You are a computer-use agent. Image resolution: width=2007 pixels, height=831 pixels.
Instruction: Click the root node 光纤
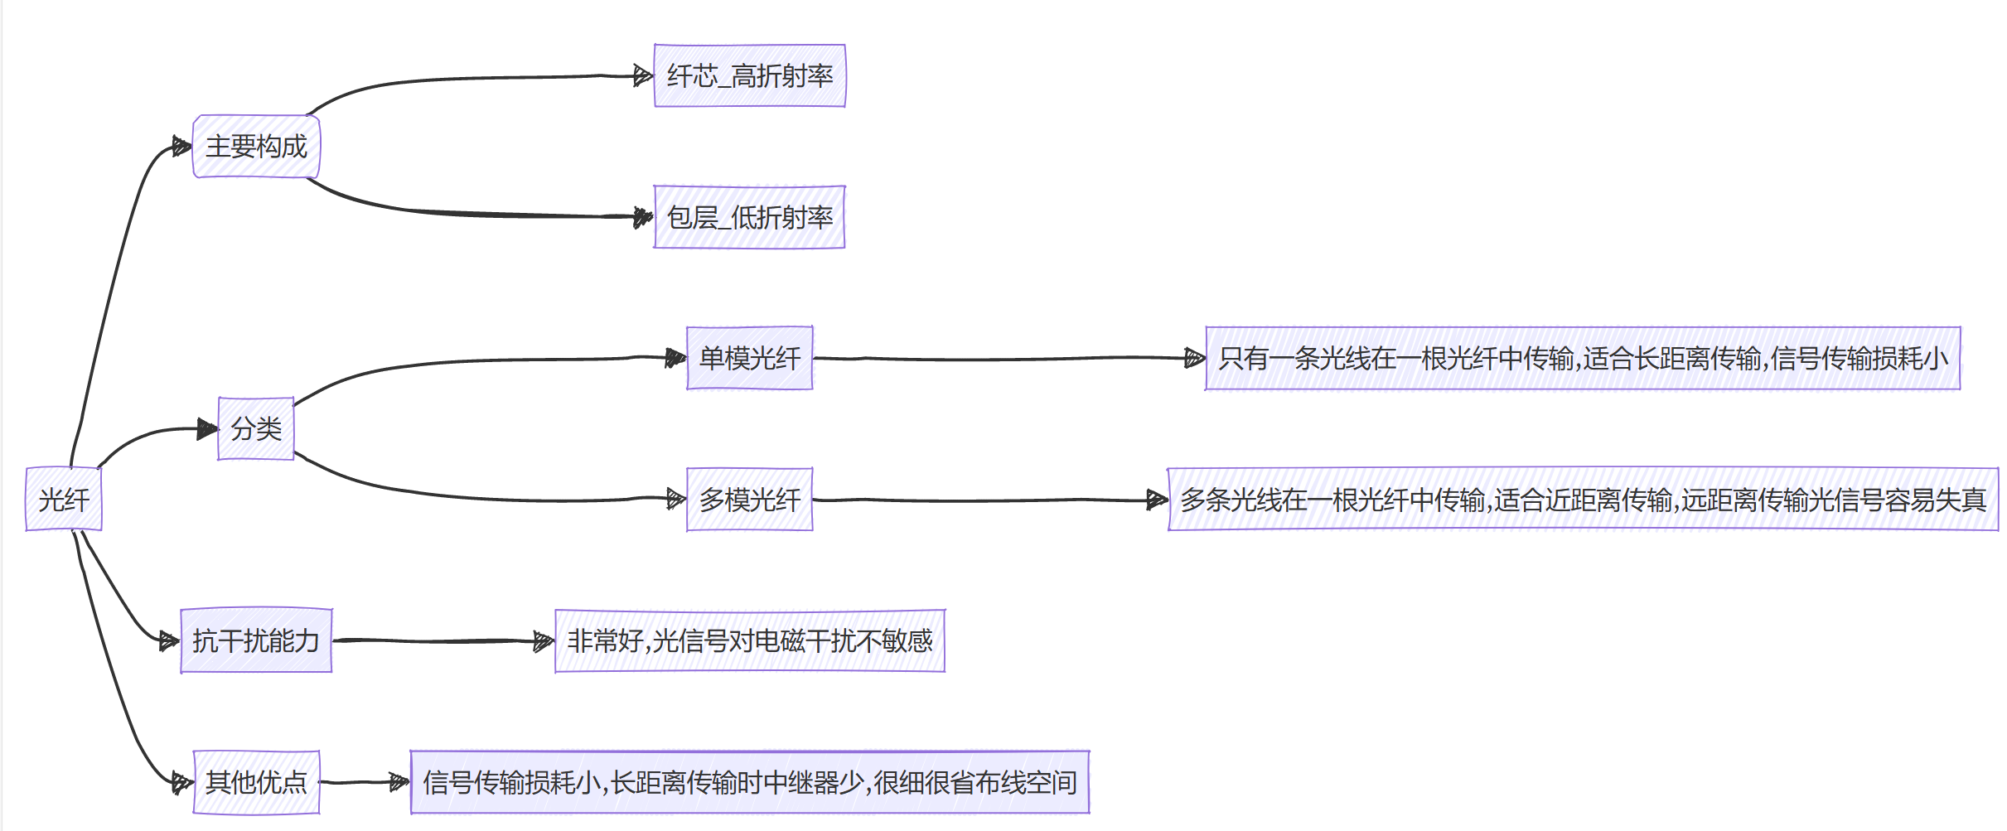coord(64,499)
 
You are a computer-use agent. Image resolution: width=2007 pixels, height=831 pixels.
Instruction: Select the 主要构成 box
coord(256,147)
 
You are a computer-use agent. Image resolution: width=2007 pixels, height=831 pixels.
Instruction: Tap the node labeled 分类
coord(256,428)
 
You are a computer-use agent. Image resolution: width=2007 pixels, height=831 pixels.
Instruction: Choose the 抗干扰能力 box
coord(256,640)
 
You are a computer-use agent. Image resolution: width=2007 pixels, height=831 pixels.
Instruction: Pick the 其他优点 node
coord(256,781)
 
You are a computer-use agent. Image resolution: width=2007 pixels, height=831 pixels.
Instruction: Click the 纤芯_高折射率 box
coord(750,76)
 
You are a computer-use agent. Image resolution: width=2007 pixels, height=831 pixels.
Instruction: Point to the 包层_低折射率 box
coord(750,217)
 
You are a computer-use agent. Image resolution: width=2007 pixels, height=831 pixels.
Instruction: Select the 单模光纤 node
coord(750,358)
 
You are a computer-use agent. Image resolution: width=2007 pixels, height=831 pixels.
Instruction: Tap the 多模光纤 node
coord(750,500)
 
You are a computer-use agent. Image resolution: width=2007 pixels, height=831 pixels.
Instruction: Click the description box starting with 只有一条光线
coord(1583,358)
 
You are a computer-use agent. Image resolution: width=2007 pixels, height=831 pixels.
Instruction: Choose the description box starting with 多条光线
coord(1583,500)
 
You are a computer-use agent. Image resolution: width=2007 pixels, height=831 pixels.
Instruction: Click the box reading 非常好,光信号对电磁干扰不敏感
coord(750,640)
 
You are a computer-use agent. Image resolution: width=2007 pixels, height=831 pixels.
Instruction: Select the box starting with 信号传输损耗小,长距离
coord(750,781)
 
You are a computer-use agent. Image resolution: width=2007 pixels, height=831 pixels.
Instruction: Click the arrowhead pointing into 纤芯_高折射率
coord(643,76)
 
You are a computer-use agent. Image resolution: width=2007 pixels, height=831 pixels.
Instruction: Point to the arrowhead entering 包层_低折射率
coord(643,217)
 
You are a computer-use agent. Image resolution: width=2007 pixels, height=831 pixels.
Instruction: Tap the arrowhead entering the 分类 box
coord(207,429)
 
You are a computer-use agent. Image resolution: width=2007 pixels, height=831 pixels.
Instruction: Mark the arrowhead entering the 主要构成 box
coord(181,147)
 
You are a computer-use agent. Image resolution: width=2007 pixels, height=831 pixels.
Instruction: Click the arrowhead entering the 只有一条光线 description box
coord(1194,358)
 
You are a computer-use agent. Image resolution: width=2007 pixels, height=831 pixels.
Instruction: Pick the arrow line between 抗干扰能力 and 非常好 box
coord(439,640)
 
